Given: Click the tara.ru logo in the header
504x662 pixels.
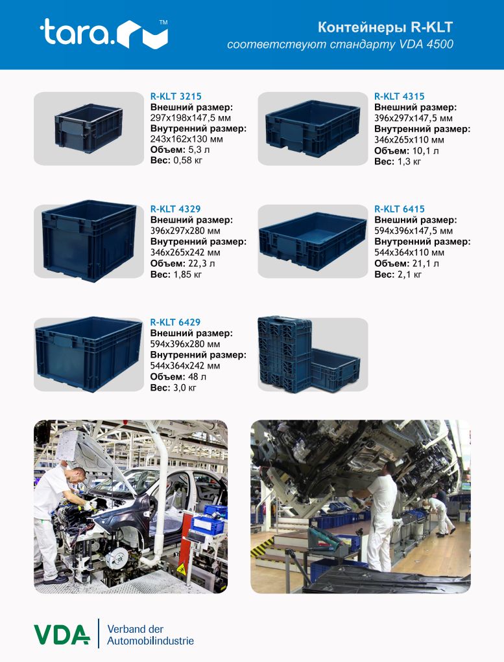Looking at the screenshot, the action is (104, 33).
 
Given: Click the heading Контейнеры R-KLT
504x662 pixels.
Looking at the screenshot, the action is (385, 27).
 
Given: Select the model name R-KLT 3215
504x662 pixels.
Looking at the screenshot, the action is (176, 97).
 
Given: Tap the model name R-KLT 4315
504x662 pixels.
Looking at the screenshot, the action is (399, 97).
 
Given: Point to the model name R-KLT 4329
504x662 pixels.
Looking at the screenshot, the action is (176, 209).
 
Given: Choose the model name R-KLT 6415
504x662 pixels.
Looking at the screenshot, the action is (399, 209).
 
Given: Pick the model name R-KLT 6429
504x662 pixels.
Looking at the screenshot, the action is (176, 322).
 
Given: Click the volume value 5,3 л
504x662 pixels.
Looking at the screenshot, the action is (191, 150).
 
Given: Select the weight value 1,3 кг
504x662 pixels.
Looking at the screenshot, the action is (409, 161).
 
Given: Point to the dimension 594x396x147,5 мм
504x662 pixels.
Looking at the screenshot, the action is (414, 231).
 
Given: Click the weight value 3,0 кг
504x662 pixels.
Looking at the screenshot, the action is (185, 387).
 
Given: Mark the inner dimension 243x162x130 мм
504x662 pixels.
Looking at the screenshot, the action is (186, 139).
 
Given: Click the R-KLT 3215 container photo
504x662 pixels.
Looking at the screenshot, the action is (88, 128).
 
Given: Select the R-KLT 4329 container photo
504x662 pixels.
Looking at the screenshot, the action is (90, 241).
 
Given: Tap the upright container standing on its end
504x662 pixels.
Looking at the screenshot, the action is (285, 354).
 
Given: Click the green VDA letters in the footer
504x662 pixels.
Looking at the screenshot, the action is (62, 635).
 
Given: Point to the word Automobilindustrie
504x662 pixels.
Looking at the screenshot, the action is (150, 641).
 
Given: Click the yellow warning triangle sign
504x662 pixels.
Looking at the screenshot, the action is (182, 569).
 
